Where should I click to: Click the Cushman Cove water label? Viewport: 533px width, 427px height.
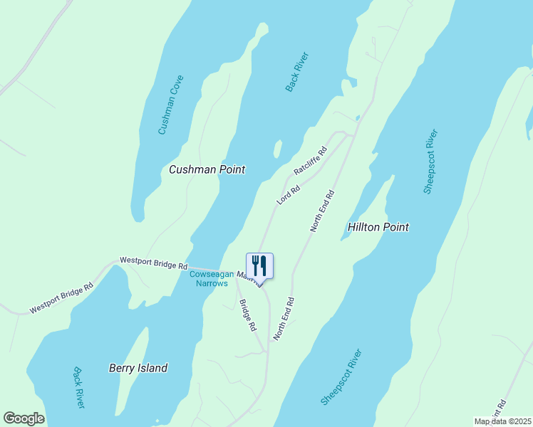click(171, 105)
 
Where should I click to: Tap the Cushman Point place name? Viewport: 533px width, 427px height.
click(207, 169)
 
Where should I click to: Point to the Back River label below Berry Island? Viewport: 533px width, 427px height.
click(79, 387)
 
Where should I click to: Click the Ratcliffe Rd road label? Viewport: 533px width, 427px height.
click(310, 162)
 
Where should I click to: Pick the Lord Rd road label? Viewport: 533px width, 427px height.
click(289, 193)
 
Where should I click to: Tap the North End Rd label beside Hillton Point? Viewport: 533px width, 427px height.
click(322, 211)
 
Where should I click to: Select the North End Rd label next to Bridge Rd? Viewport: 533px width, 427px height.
click(283, 317)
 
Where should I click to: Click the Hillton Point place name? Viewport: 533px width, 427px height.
click(378, 227)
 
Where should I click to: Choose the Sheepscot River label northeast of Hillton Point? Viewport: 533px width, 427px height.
click(430, 162)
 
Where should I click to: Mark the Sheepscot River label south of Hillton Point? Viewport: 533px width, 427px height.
click(341, 377)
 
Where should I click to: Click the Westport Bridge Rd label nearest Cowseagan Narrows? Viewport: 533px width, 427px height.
click(153, 264)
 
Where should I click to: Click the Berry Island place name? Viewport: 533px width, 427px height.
click(138, 368)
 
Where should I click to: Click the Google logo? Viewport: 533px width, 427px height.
click(24, 418)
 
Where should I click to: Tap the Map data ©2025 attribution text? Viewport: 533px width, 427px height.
click(502, 421)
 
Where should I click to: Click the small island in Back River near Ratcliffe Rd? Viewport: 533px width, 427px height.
click(277, 149)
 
